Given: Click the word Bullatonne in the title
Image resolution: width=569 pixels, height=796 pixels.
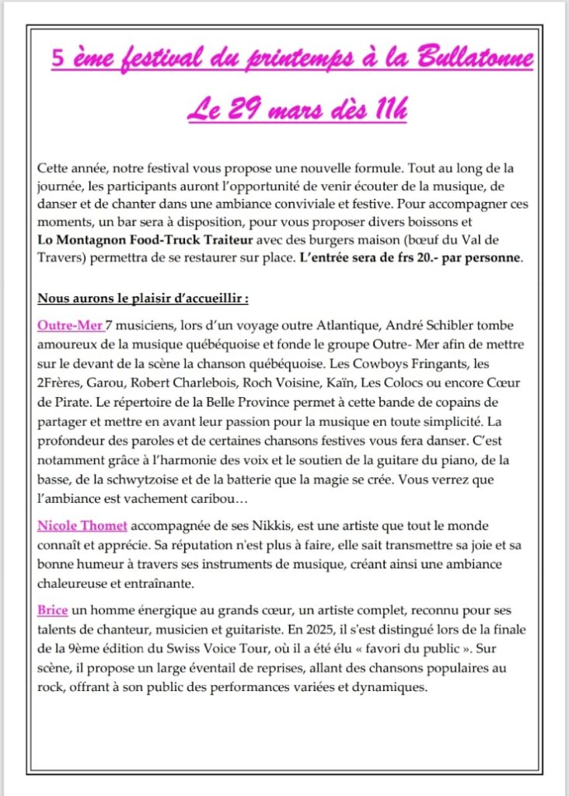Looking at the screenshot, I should [475, 59].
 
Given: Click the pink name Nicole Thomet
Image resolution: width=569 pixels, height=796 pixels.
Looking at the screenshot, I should [82, 526].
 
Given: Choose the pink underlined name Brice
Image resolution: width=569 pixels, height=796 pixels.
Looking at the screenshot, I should [52, 610].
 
